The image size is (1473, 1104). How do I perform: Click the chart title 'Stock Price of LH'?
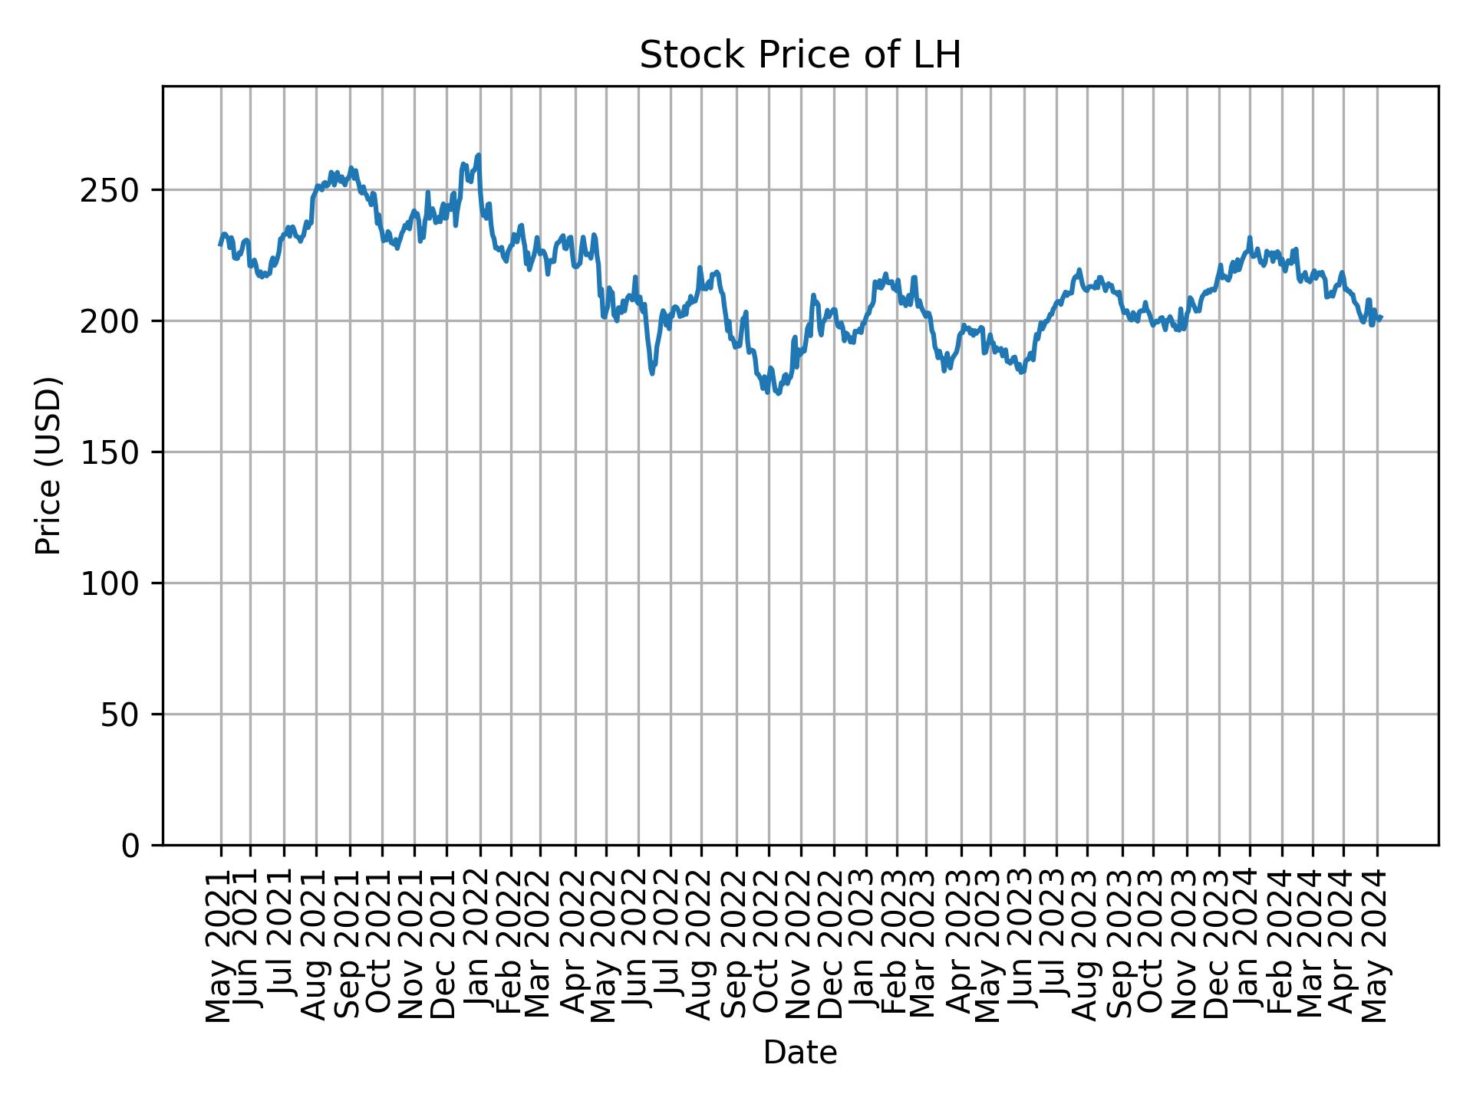pyautogui.click(x=800, y=56)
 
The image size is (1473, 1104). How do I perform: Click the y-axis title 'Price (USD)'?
pyautogui.click(x=48, y=465)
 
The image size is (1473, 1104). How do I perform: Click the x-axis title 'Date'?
pyautogui.click(x=800, y=1053)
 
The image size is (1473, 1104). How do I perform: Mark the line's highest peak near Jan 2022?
pyautogui.click(x=479, y=155)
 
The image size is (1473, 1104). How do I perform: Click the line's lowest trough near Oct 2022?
pyautogui.click(x=778, y=393)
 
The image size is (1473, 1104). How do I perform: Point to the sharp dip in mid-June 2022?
pyautogui.click(x=652, y=373)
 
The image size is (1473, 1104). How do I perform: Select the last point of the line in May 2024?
pyautogui.click(x=1381, y=317)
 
